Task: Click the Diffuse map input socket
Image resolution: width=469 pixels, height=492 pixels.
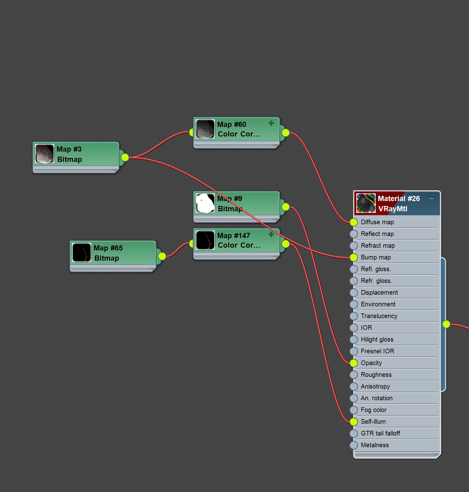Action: click(x=354, y=222)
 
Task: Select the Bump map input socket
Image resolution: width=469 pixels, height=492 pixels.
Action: click(x=354, y=257)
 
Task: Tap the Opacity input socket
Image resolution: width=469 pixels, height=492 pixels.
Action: click(x=354, y=363)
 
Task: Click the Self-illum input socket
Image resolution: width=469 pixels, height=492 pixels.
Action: click(x=354, y=422)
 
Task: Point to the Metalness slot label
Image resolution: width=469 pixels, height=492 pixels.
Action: click(x=375, y=445)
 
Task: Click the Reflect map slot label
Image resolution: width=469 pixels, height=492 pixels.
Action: click(x=377, y=234)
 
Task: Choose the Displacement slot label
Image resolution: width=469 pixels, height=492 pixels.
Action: click(x=379, y=292)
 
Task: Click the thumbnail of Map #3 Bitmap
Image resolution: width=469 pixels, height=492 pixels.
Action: click(x=44, y=153)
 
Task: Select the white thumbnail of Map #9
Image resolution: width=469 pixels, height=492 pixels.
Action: click(x=205, y=203)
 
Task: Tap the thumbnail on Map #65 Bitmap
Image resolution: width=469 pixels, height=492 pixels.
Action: click(x=82, y=252)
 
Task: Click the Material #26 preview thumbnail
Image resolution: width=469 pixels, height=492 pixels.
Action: click(x=366, y=203)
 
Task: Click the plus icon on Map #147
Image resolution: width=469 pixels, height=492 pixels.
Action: click(x=271, y=234)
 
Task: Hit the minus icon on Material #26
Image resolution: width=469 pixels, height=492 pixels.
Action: click(x=432, y=198)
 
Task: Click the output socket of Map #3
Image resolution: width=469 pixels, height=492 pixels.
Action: click(x=125, y=158)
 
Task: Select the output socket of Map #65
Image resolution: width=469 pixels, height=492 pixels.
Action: click(x=162, y=256)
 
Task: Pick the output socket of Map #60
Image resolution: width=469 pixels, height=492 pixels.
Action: click(x=285, y=133)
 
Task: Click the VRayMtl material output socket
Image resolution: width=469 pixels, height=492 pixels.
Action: click(x=446, y=324)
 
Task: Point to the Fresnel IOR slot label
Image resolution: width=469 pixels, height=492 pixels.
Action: click(x=377, y=351)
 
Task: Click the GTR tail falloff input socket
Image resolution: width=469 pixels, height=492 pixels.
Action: click(x=354, y=433)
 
